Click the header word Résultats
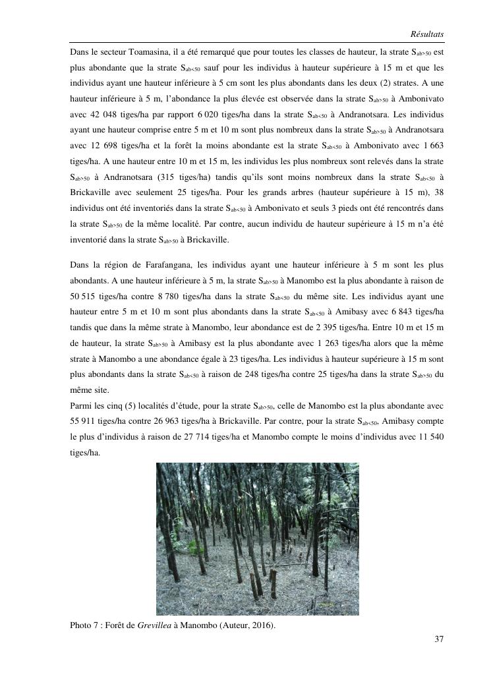(x=426, y=33)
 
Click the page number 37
(x=440, y=639)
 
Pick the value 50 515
(x=84, y=297)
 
